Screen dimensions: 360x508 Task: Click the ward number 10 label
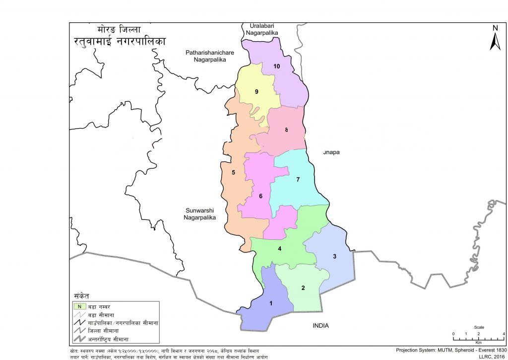click(x=276, y=67)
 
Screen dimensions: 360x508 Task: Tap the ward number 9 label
click(x=256, y=91)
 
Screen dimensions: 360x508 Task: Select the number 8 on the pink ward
click(x=286, y=130)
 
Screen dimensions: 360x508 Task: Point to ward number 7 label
click(x=298, y=180)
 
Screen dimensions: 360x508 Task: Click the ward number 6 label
click(x=260, y=196)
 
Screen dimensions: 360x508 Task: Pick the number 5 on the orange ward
click(x=233, y=173)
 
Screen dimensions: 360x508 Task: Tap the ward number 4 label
click(x=280, y=249)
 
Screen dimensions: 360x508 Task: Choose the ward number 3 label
click(x=334, y=256)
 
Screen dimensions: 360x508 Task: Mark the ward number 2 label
click(x=303, y=288)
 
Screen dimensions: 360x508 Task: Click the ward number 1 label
click(x=270, y=303)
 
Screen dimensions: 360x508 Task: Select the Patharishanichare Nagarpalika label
click(x=209, y=56)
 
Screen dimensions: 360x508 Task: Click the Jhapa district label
click(x=331, y=152)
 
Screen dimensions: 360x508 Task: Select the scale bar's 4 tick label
click(x=504, y=333)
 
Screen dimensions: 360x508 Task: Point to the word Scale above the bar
click(x=479, y=328)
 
